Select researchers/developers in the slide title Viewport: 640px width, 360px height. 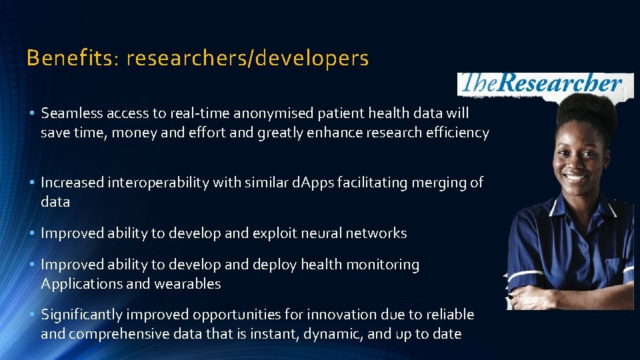tap(247, 59)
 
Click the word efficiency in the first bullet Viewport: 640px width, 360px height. tap(457, 132)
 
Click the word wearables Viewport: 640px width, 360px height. tap(187, 283)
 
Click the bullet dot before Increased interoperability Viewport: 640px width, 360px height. tap(31, 183)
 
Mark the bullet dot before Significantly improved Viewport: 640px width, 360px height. tap(31, 315)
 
